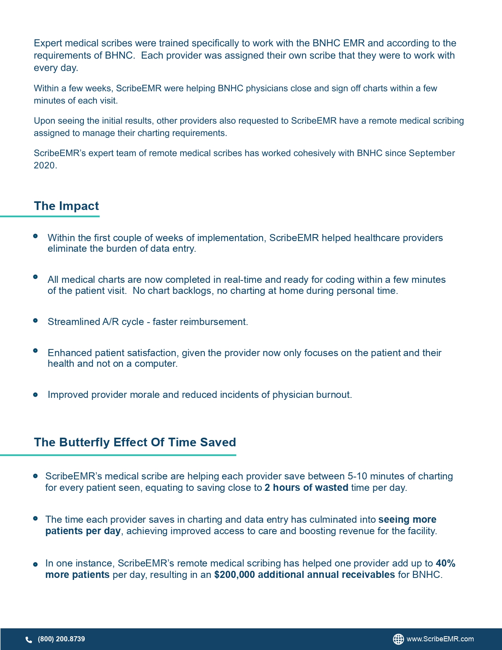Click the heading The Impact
[x=66, y=206]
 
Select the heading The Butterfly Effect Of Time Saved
[x=135, y=442]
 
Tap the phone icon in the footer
[x=29, y=639]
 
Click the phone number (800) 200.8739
[x=61, y=639]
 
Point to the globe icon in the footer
[x=398, y=639]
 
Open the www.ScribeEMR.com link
[x=440, y=639]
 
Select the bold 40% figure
[x=446, y=563]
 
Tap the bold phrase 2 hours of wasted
[x=306, y=488]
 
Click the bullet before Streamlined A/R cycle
[x=35, y=321]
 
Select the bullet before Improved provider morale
[x=35, y=395]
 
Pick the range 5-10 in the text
[x=357, y=476]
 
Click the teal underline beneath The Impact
[x=50, y=216]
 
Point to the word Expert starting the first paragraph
[x=48, y=43]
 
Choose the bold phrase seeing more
[x=407, y=520]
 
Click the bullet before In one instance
[x=35, y=564]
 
